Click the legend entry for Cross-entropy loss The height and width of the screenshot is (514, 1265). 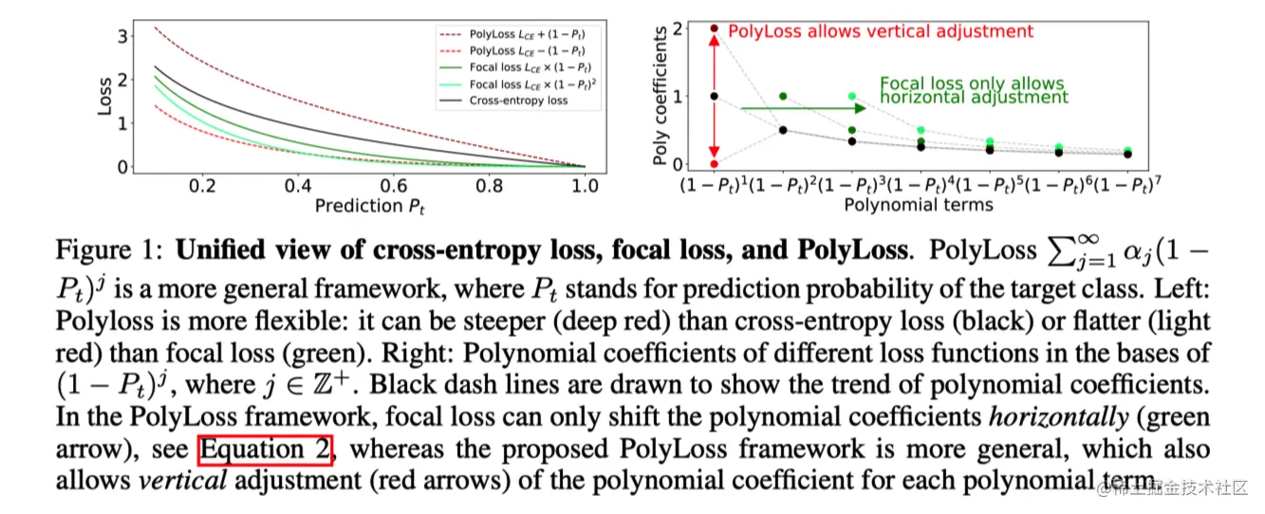518,101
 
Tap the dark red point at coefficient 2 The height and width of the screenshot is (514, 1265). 715,28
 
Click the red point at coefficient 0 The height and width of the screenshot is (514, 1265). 715,164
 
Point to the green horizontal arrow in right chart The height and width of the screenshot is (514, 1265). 802,108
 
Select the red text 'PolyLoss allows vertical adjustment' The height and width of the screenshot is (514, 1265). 881,31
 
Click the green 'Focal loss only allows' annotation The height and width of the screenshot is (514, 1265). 972,83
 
